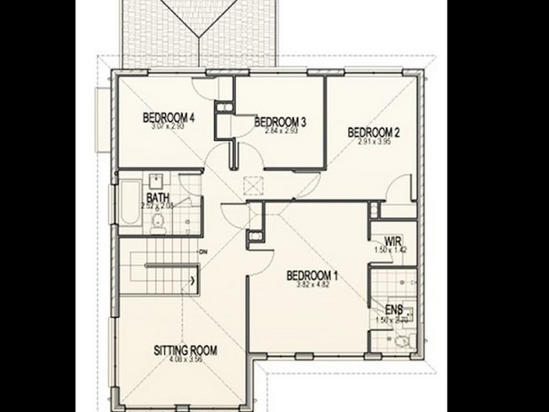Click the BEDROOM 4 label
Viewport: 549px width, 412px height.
pos(169,116)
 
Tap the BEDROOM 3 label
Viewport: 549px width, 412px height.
pos(279,122)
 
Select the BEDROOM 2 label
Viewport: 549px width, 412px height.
pos(373,132)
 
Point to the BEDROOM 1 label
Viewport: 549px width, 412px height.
pos(312,276)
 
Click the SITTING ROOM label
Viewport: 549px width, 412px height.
pos(185,351)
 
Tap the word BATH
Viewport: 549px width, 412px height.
pos(157,197)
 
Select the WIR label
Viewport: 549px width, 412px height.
pos(393,242)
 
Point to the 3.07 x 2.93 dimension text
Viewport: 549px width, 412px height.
pos(169,126)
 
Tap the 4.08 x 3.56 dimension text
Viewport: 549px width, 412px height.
pos(185,360)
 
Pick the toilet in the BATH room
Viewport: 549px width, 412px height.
pos(157,221)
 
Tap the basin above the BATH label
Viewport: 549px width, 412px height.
pos(156,181)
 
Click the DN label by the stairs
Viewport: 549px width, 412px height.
pos(202,251)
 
